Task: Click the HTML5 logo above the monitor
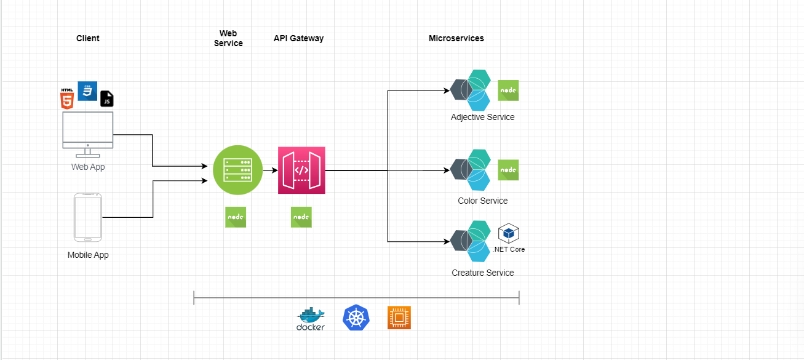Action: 67,98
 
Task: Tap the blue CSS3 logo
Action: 87,91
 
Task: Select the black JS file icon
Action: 107,98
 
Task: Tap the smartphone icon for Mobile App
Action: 87,218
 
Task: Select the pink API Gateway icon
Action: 301,170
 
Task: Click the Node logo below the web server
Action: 236,217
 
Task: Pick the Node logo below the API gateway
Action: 301,217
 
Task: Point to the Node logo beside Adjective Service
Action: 508,90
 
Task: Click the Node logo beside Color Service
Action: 508,170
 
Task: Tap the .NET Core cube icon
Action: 509,234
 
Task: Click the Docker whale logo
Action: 311,319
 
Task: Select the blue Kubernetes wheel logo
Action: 355,318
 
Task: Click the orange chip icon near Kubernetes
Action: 399,318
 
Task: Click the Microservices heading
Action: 456,38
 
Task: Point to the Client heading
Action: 87,38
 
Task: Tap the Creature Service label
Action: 482,273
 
